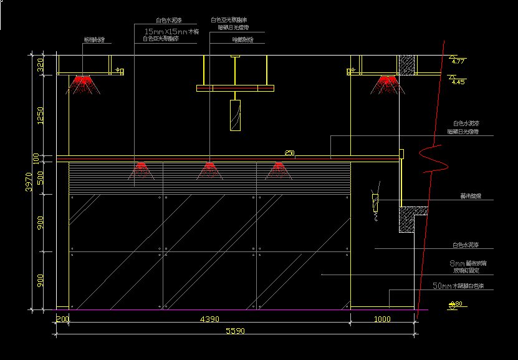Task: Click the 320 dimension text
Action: tap(41, 65)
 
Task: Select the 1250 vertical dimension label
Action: tap(41, 115)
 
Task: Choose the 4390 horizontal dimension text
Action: tap(209, 319)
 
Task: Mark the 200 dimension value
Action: tap(62, 319)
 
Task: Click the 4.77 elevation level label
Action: tap(458, 61)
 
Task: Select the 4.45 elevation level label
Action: tap(458, 81)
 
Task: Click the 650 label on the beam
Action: tap(289, 153)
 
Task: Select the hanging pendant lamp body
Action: tap(235, 115)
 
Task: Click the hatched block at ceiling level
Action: tap(407, 65)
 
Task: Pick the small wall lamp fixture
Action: tap(375, 201)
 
